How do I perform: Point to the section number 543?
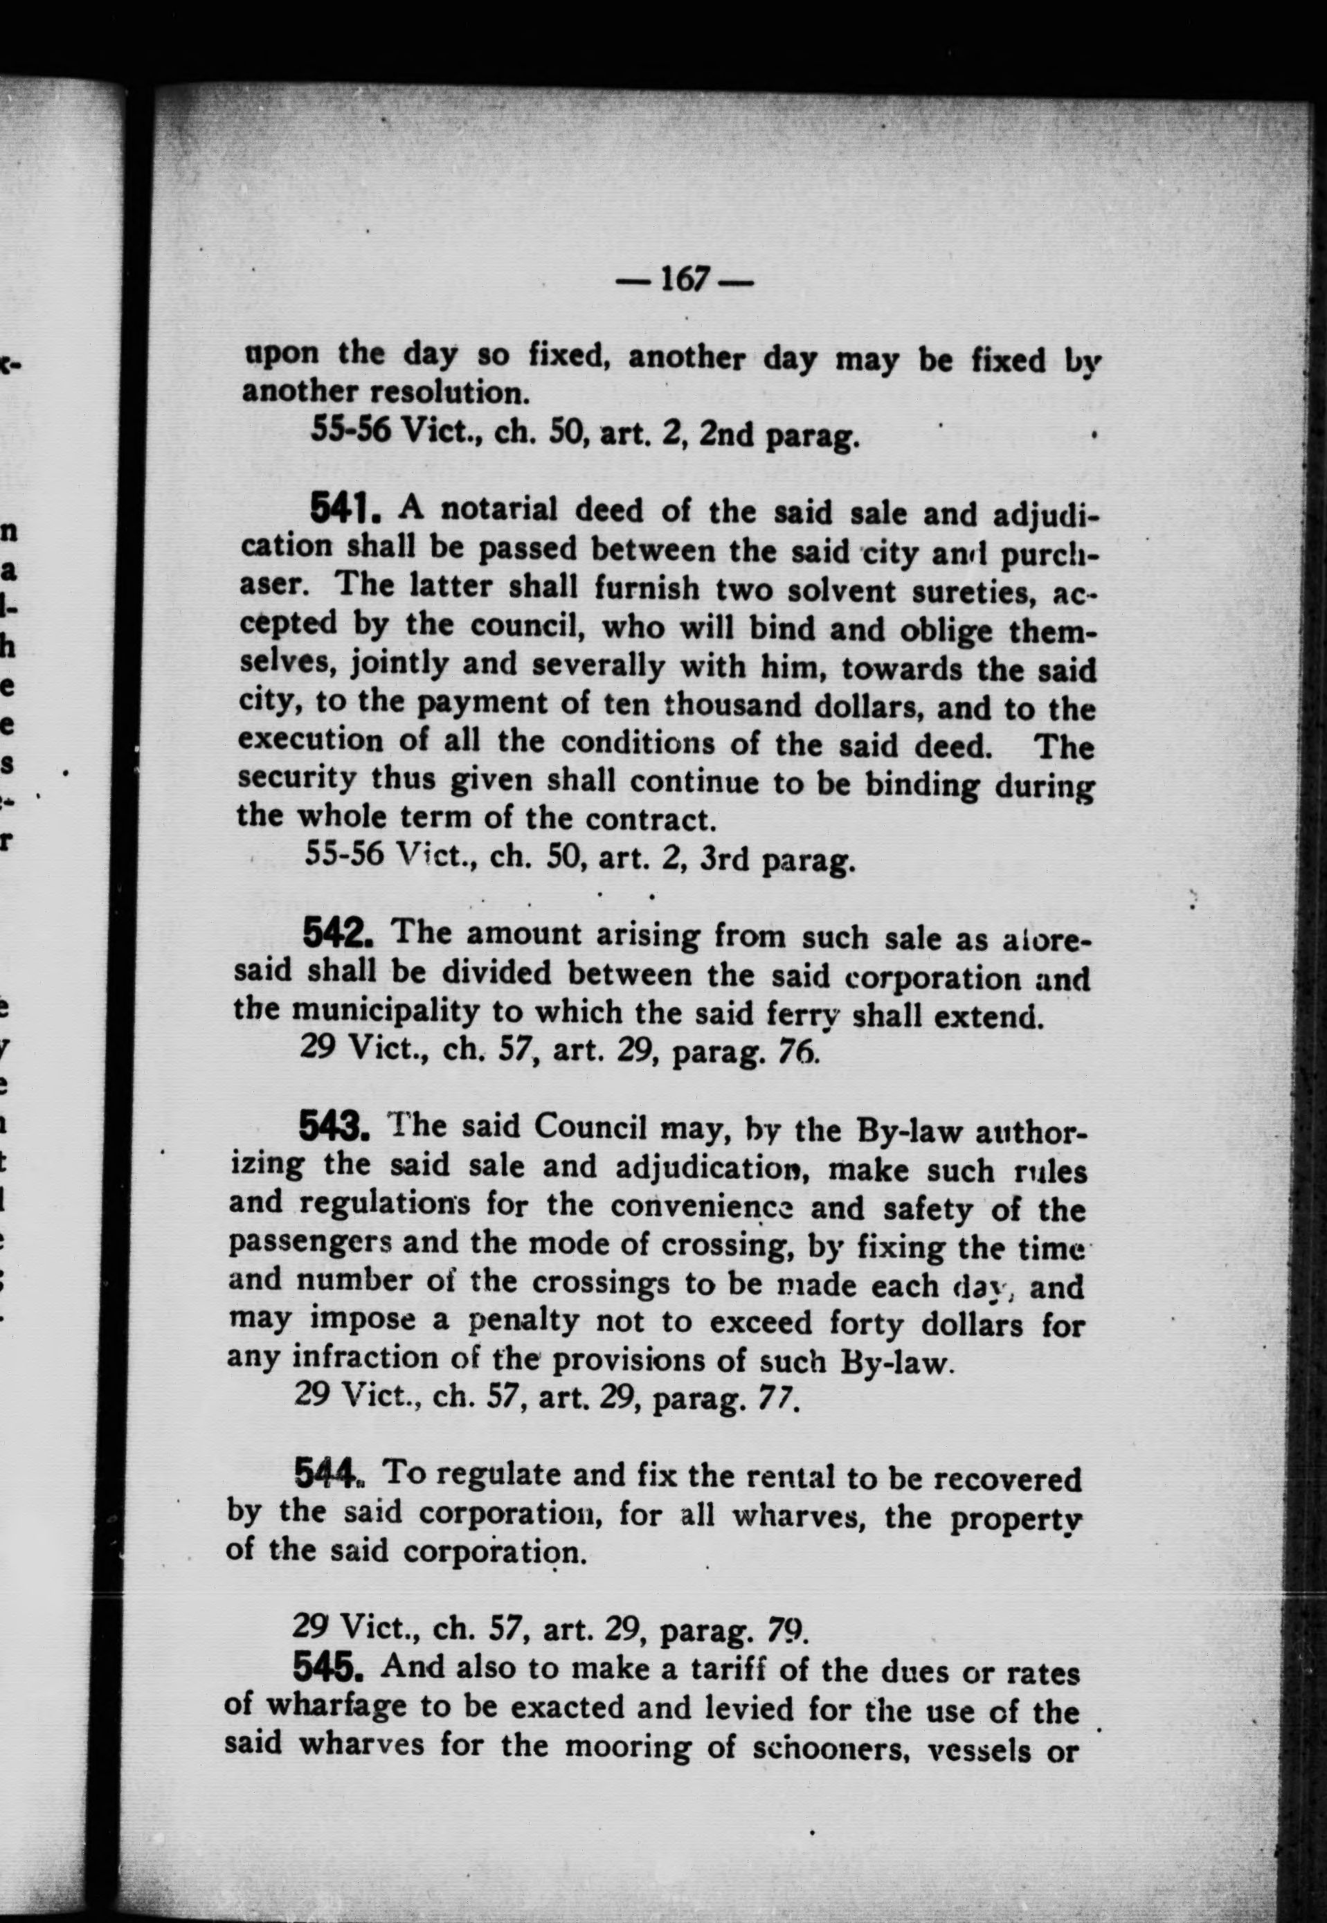pyautogui.click(x=332, y=1126)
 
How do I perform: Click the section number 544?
pyautogui.click(x=327, y=1476)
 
